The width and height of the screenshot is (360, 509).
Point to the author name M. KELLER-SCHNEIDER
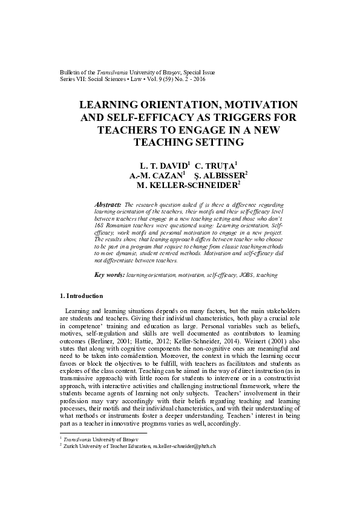(x=179, y=186)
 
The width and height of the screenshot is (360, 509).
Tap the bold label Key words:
(x=110, y=275)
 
